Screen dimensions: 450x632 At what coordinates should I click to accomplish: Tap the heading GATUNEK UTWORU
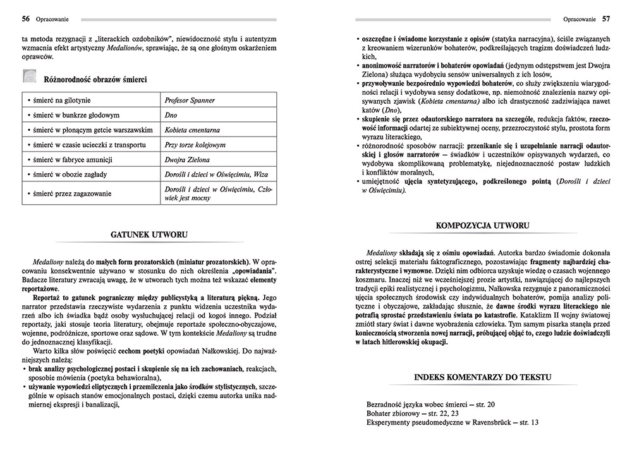click(x=149, y=234)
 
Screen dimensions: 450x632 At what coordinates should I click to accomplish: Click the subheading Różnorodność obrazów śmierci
click(x=95, y=80)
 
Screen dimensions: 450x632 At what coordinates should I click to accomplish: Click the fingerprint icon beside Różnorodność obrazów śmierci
click(x=29, y=78)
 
